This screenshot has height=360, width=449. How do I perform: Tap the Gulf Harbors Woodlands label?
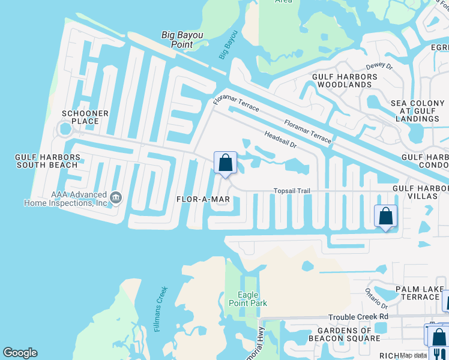[345, 81]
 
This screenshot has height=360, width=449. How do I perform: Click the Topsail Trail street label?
[292, 191]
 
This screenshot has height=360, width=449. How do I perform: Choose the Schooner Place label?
[85, 117]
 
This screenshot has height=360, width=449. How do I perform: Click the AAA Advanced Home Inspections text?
[65, 199]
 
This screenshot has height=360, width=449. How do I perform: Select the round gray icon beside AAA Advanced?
[116, 196]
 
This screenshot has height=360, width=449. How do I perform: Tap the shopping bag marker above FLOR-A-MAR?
[225, 163]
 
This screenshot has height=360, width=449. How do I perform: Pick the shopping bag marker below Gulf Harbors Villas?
[385, 216]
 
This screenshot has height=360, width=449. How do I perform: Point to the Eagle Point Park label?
[252, 299]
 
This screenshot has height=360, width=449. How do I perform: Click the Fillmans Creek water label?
[161, 310]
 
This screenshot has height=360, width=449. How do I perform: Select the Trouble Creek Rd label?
[358, 317]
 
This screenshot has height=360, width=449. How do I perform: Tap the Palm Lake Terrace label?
[420, 293]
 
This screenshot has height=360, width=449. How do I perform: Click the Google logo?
[20, 353]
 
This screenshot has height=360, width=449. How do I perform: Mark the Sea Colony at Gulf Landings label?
[418, 111]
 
